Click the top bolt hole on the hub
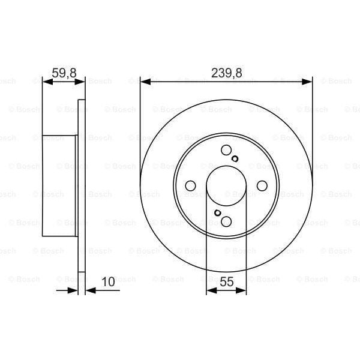pos(226,151)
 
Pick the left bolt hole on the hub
pos(190,186)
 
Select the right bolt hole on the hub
pos(262,186)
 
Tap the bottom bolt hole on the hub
pos(226,221)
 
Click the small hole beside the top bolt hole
pos(235,159)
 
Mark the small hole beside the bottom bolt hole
pos(217,213)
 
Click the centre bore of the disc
pos(226,186)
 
